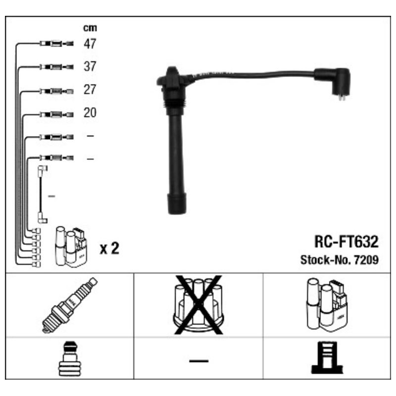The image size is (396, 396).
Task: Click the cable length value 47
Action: (90, 44)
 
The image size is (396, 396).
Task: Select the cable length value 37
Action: (90, 67)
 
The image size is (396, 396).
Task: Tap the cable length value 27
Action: (90, 90)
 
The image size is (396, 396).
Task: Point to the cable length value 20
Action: (90, 113)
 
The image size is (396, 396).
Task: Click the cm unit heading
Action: (90, 28)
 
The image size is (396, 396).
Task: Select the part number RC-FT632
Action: (346, 242)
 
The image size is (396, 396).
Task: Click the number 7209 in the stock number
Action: (366, 260)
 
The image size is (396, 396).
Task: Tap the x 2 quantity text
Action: (109, 248)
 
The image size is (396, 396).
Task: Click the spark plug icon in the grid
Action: (69, 305)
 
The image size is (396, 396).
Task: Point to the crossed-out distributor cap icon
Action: (198, 305)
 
